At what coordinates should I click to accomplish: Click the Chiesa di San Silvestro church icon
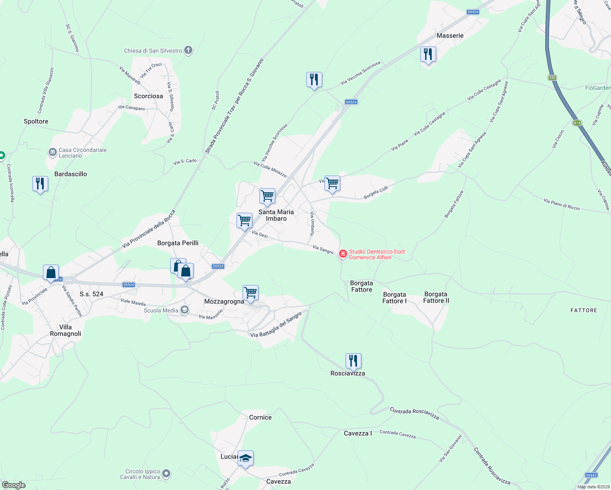click(188, 50)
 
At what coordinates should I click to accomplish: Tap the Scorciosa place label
click(148, 96)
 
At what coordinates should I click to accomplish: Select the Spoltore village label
click(36, 121)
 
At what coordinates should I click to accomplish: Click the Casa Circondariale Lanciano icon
click(53, 153)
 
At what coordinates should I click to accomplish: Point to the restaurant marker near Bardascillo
click(40, 184)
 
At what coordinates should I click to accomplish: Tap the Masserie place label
click(450, 36)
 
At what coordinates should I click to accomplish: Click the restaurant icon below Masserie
click(428, 54)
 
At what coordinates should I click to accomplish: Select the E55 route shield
click(553, 78)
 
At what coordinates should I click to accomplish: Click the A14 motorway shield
click(577, 122)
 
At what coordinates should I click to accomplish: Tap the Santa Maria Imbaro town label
click(276, 215)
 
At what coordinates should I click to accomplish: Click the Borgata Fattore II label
click(436, 297)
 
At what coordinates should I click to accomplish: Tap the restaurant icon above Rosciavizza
click(353, 361)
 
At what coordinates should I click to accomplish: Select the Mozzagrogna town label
click(224, 301)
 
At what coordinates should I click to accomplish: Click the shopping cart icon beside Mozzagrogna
click(250, 292)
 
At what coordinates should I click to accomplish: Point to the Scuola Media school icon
click(185, 310)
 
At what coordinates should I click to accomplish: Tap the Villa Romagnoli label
click(65, 330)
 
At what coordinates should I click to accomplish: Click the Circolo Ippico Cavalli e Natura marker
click(166, 474)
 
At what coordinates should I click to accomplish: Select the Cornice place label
click(260, 417)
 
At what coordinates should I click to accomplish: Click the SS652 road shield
click(591, 475)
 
